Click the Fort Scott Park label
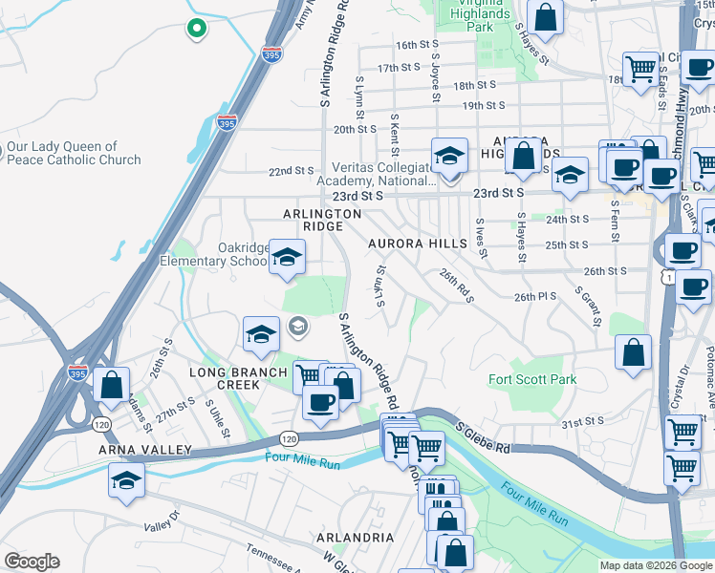tap(532, 379)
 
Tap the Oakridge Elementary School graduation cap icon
tap(286, 258)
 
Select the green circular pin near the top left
tap(196, 30)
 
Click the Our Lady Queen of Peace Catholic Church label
tap(74, 154)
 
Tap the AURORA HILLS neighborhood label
tap(419, 244)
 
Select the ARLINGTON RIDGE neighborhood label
tap(322, 220)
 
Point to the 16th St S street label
tap(417, 45)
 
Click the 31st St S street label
tap(583, 421)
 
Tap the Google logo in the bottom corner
tap(32, 562)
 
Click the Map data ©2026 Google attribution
tap(657, 565)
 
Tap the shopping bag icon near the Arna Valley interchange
tap(112, 386)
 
